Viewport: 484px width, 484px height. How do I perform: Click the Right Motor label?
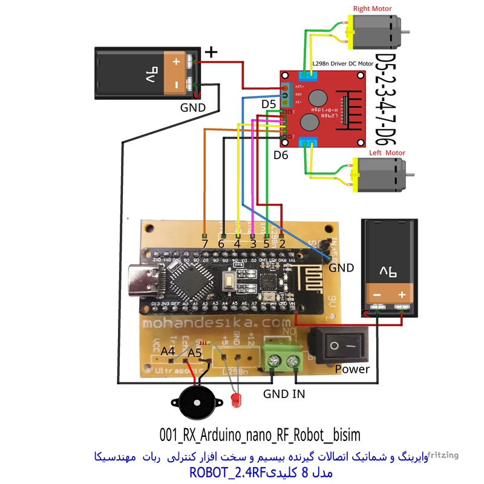point(371,8)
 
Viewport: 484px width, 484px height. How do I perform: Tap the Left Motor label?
point(387,153)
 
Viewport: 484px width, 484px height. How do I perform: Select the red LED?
point(235,399)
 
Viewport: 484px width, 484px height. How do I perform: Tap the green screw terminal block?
point(283,361)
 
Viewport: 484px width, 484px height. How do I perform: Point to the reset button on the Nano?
point(231,280)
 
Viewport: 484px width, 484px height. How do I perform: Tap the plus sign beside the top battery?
point(211,53)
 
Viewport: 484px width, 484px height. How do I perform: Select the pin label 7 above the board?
point(205,243)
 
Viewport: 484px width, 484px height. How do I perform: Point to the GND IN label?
point(284,394)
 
